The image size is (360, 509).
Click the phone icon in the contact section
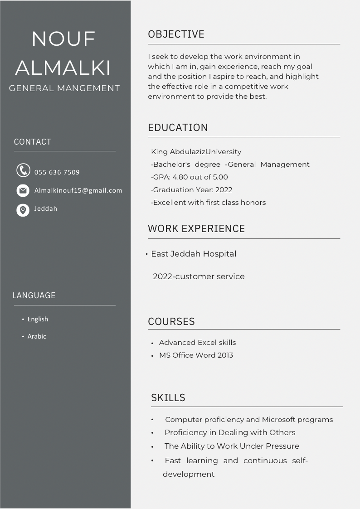click(x=23, y=170)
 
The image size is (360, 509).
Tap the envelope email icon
click(x=23, y=190)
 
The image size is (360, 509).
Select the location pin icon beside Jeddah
click(x=23, y=210)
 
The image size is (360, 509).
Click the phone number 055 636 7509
click(x=57, y=172)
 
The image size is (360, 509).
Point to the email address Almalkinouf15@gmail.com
click(x=78, y=190)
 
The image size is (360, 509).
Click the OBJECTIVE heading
click(x=176, y=34)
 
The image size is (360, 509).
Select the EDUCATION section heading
click(x=178, y=128)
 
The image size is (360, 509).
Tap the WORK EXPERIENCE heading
click(x=196, y=228)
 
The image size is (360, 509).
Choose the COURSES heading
click(x=171, y=321)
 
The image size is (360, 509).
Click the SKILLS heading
click(x=168, y=398)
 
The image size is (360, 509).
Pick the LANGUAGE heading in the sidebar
click(x=34, y=296)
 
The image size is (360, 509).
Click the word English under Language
click(x=38, y=319)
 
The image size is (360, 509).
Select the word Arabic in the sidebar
click(x=37, y=336)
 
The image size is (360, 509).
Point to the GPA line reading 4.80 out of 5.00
click(x=190, y=177)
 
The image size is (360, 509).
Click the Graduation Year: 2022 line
click(x=192, y=190)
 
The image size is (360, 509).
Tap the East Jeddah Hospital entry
click(x=194, y=254)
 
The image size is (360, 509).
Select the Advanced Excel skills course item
click(x=197, y=343)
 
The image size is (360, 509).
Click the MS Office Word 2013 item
click(x=196, y=355)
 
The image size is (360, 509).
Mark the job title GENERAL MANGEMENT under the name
click(x=64, y=88)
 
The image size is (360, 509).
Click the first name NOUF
click(x=63, y=39)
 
